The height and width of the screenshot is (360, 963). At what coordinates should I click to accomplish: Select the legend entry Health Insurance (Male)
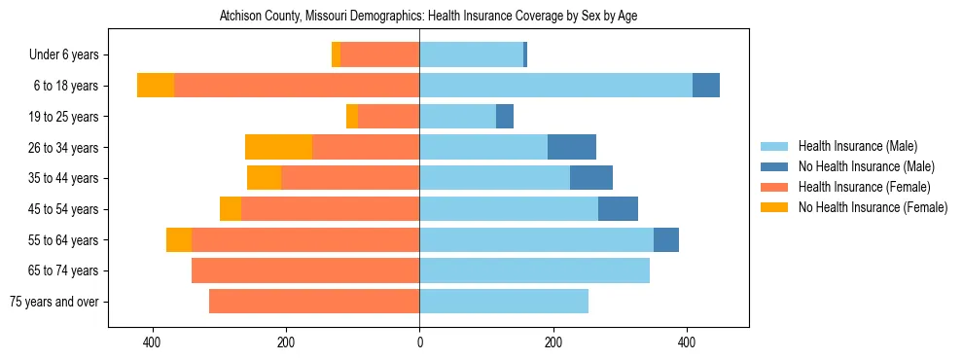[x=857, y=146]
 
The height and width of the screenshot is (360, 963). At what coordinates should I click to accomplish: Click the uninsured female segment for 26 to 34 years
[x=278, y=147]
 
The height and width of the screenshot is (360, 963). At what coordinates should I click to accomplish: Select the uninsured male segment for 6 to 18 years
[x=706, y=86]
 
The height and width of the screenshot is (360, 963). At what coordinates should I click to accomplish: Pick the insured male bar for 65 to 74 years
[x=534, y=270]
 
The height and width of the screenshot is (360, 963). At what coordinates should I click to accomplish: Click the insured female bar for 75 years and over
[x=314, y=302]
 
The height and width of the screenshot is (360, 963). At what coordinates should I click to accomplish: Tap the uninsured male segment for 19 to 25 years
[x=505, y=117]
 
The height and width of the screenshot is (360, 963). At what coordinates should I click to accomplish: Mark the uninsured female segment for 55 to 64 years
[x=179, y=239]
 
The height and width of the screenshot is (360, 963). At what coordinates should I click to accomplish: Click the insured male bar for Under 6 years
[x=471, y=54]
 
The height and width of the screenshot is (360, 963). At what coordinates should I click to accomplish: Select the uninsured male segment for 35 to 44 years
[x=591, y=178]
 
